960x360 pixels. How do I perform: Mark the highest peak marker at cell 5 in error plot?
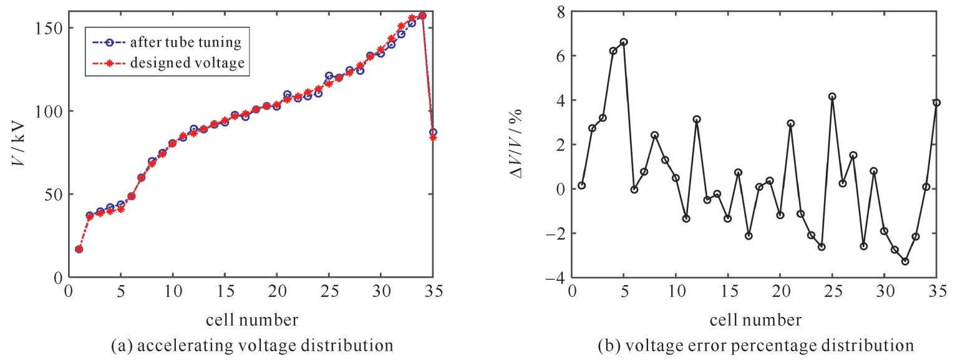[x=623, y=42]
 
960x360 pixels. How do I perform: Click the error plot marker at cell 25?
[x=832, y=97]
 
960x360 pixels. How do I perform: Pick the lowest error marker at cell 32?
[x=905, y=261]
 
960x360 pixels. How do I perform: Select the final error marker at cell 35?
[x=936, y=102]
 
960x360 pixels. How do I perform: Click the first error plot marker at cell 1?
[x=581, y=185]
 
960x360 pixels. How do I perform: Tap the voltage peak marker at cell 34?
[x=422, y=16]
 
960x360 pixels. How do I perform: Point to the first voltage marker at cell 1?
[x=79, y=249]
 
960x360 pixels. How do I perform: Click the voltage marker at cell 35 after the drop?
[x=433, y=132]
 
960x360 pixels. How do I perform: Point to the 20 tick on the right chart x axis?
[x=780, y=291]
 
